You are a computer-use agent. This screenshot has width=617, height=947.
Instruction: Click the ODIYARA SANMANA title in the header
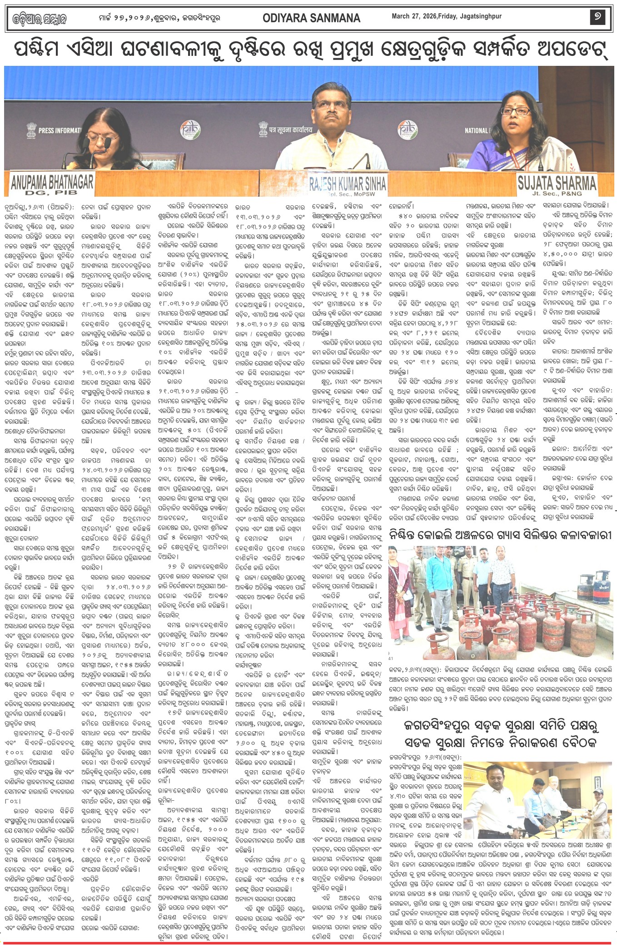[x=311, y=18]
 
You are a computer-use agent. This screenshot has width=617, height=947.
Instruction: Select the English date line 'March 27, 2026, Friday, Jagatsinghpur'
[x=447, y=16]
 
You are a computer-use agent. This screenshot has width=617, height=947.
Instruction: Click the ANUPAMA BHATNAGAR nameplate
[x=52, y=182]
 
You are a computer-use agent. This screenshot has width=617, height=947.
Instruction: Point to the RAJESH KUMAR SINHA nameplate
[x=348, y=183]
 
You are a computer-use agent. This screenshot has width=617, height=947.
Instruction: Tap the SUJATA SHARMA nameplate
[x=557, y=183]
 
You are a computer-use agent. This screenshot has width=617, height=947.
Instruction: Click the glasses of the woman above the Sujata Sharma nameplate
[x=517, y=111]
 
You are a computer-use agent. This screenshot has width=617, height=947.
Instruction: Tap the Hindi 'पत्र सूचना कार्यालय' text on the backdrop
[x=290, y=130]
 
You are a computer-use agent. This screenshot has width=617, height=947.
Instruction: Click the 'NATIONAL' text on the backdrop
[x=476, y=130]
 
